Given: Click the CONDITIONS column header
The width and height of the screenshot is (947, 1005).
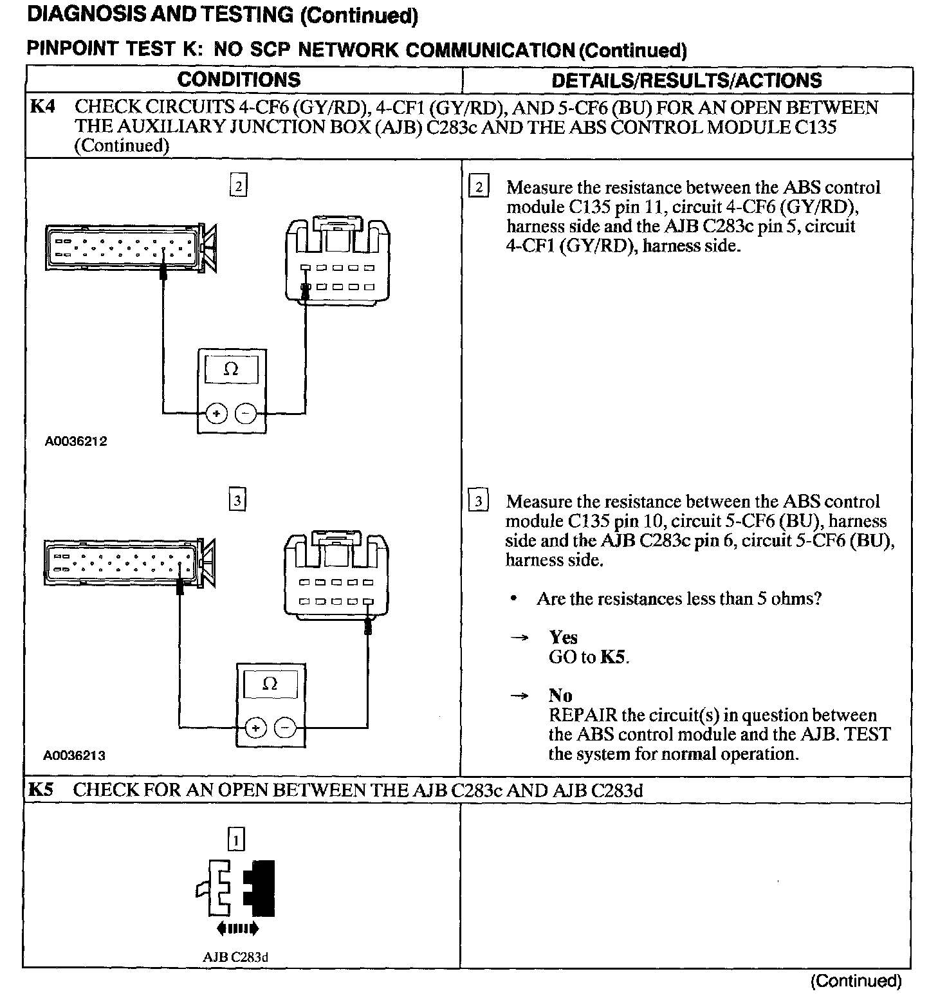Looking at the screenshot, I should [239, 80].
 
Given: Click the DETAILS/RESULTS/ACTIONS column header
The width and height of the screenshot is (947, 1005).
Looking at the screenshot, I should [686, 80].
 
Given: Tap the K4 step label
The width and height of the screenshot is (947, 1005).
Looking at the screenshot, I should [42, 107].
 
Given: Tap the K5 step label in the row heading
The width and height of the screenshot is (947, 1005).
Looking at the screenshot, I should [40, 789].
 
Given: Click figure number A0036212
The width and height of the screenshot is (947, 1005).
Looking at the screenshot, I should [75, 441].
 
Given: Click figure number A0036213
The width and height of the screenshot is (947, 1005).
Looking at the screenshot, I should [74, 755].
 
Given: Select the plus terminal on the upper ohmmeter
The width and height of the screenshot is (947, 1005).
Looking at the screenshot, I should [217, 414].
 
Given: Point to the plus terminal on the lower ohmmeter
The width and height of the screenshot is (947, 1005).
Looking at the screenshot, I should [256, 728].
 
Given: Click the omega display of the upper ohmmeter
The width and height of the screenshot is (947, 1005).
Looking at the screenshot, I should [231, 369].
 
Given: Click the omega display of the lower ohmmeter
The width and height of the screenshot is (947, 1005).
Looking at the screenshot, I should [270, 684].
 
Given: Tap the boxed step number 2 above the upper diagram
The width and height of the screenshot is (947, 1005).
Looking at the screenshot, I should [239, 187].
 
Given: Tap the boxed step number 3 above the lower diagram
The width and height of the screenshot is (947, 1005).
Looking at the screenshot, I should [237, 501].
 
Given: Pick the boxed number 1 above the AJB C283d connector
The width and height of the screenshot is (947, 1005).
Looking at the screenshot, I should [237, 840].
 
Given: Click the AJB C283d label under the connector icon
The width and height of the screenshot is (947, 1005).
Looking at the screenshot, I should [235, 957].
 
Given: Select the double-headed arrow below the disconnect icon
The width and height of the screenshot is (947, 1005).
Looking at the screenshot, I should [238, 928].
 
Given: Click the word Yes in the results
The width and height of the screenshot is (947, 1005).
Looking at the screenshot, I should [563, 637].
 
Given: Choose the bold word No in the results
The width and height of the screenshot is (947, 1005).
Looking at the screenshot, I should [560, 696].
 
